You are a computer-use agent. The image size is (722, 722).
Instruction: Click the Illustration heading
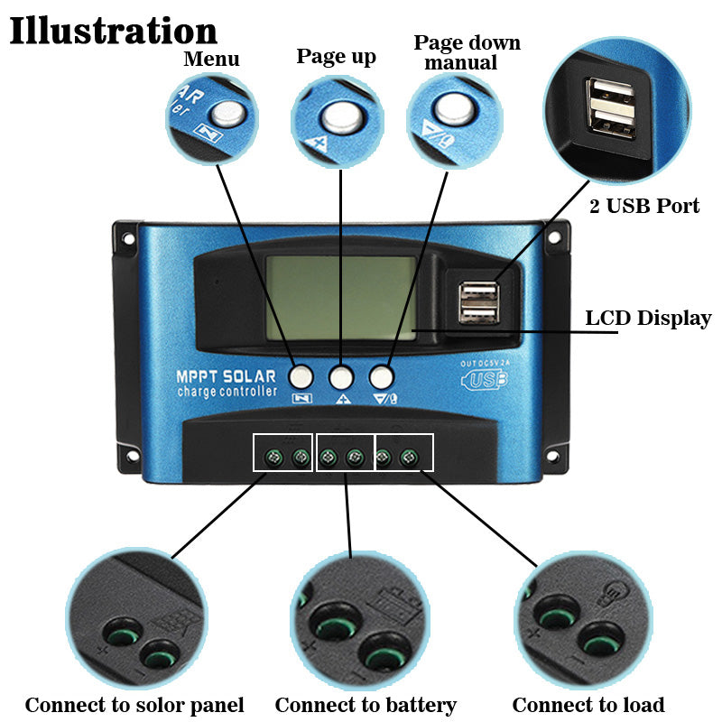[113, 30]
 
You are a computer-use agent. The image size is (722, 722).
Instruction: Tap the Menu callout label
[211, 60]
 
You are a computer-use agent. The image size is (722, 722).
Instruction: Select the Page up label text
[336, 57]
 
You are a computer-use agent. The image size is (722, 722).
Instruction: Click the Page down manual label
[467, 53]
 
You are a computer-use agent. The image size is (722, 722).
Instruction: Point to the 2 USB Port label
[644, 206]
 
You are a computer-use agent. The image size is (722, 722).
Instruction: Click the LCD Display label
[648, 319]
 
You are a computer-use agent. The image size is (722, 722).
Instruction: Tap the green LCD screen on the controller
[340, 297]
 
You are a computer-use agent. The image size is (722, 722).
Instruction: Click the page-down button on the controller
[382, 375]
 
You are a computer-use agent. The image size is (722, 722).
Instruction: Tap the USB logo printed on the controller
[485, 379]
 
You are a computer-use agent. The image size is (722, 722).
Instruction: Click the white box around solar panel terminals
[283, 452]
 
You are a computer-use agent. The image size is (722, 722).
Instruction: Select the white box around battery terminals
[345, 452]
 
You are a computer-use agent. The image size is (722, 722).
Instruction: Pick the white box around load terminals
[404, 452]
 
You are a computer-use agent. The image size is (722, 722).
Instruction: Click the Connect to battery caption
[365, 705]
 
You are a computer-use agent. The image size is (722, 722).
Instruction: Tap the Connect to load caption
[588, 705]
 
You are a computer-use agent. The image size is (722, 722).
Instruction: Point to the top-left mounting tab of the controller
[125, 239]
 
